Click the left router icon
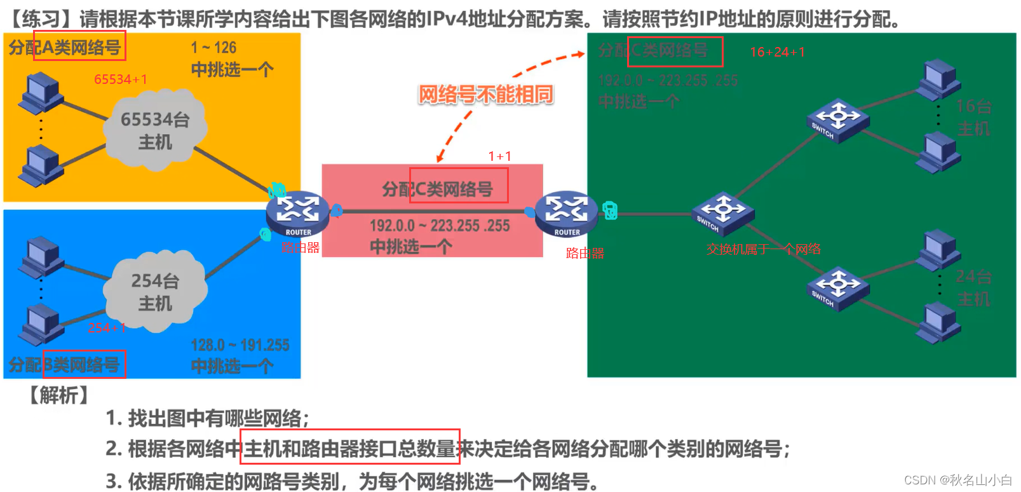298,212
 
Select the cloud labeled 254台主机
155,292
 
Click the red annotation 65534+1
121,79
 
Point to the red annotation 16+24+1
777,52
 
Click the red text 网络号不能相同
485,95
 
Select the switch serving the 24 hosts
837,288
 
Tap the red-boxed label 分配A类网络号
79,46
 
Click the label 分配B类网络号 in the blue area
84,364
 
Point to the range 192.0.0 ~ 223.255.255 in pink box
440,226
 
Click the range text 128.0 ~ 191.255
240,345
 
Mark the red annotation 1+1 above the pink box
499,156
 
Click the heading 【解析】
58,395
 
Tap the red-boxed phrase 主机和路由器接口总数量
350,448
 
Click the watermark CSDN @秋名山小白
957,480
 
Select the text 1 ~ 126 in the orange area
213,48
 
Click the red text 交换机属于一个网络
764,249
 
